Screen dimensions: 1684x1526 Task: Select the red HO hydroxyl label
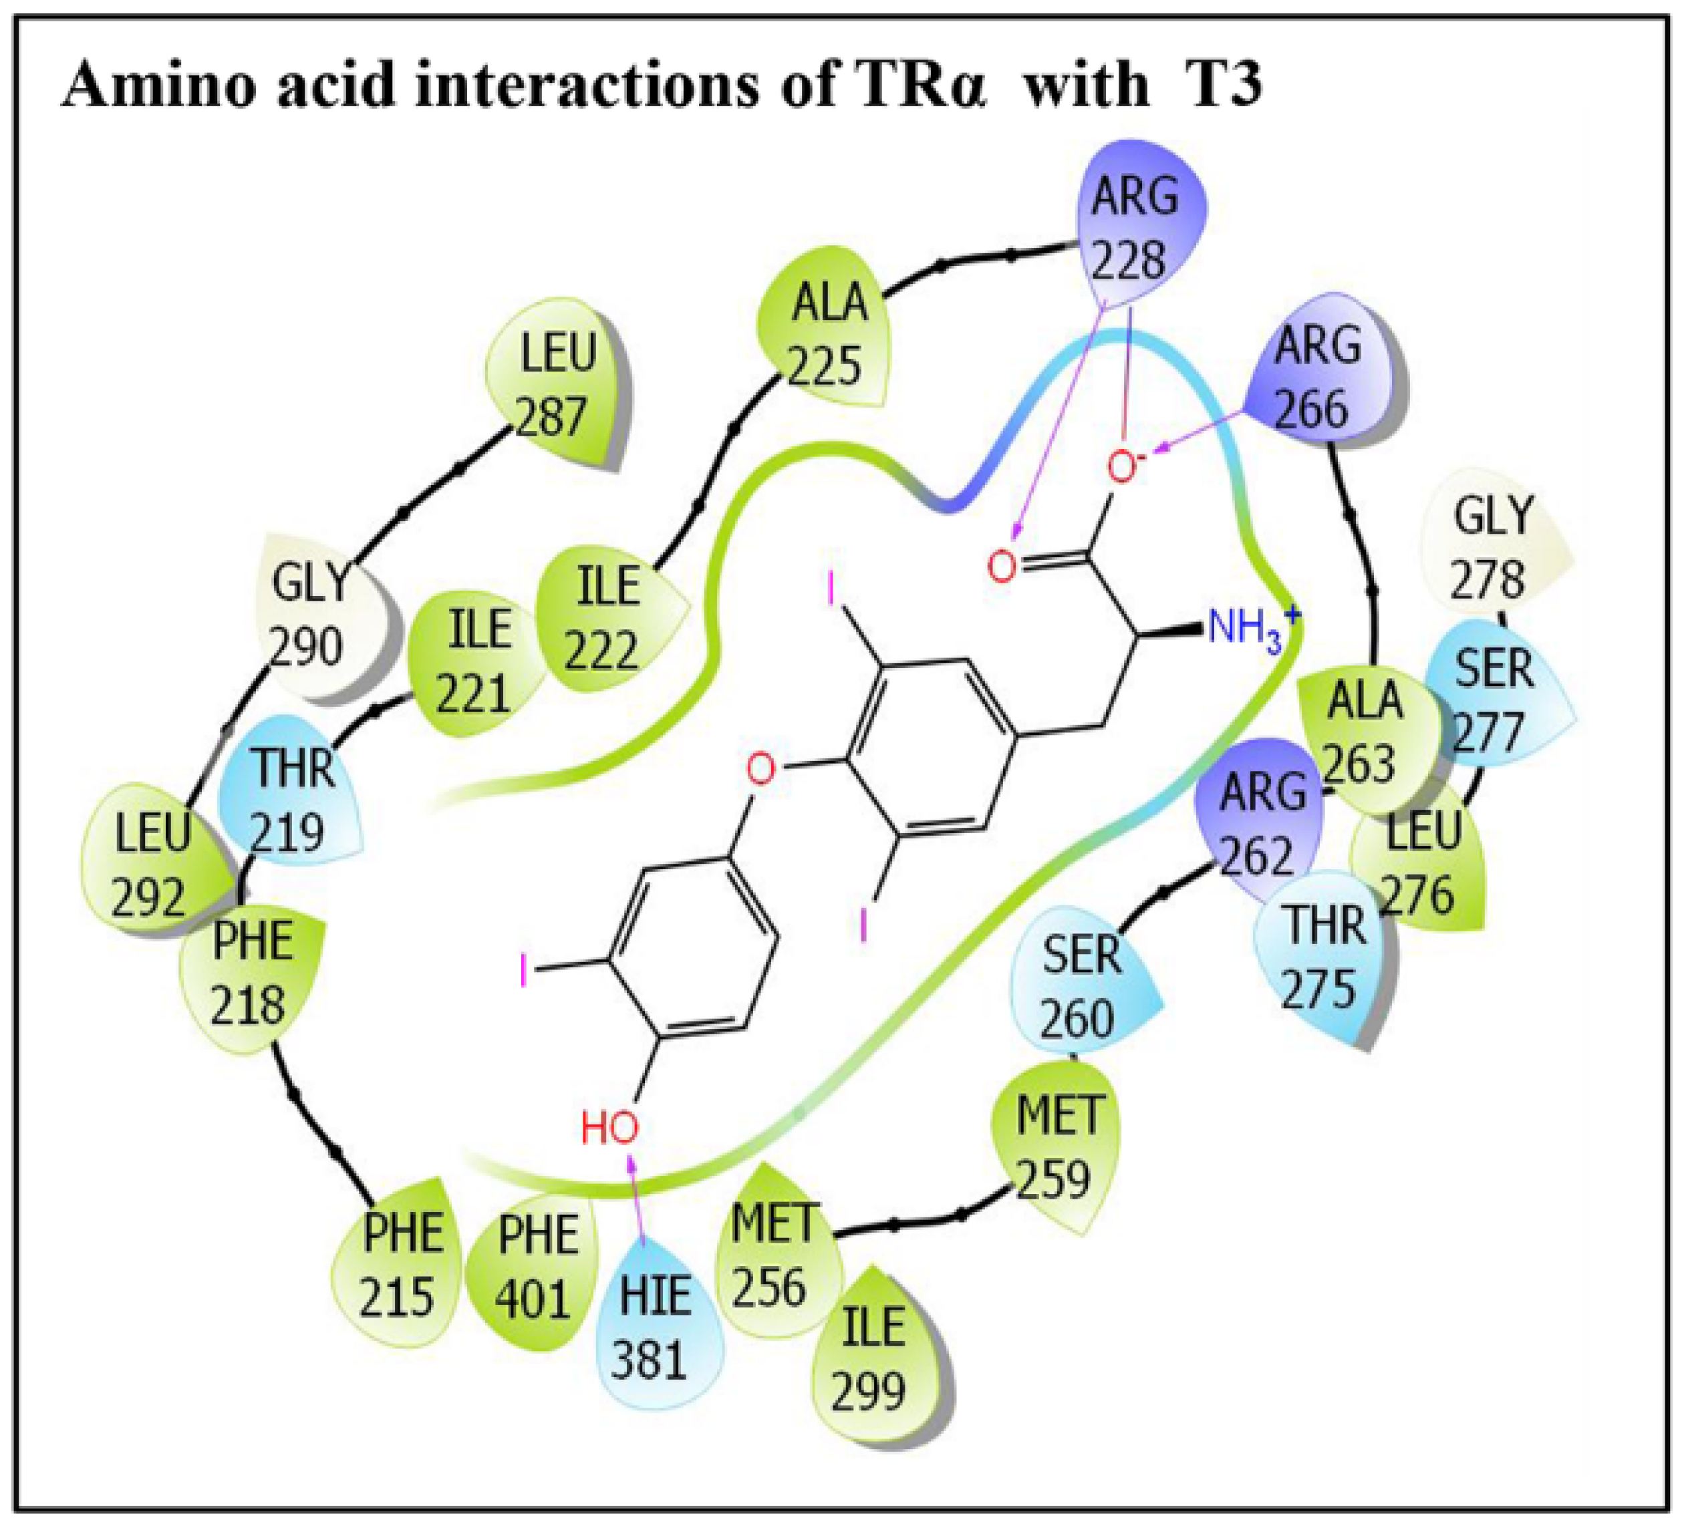click(x=609, y=1128)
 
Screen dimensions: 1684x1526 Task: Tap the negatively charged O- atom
click(x=1123, y=468)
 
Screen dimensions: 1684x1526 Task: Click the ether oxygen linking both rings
click(x=760, y=767)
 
